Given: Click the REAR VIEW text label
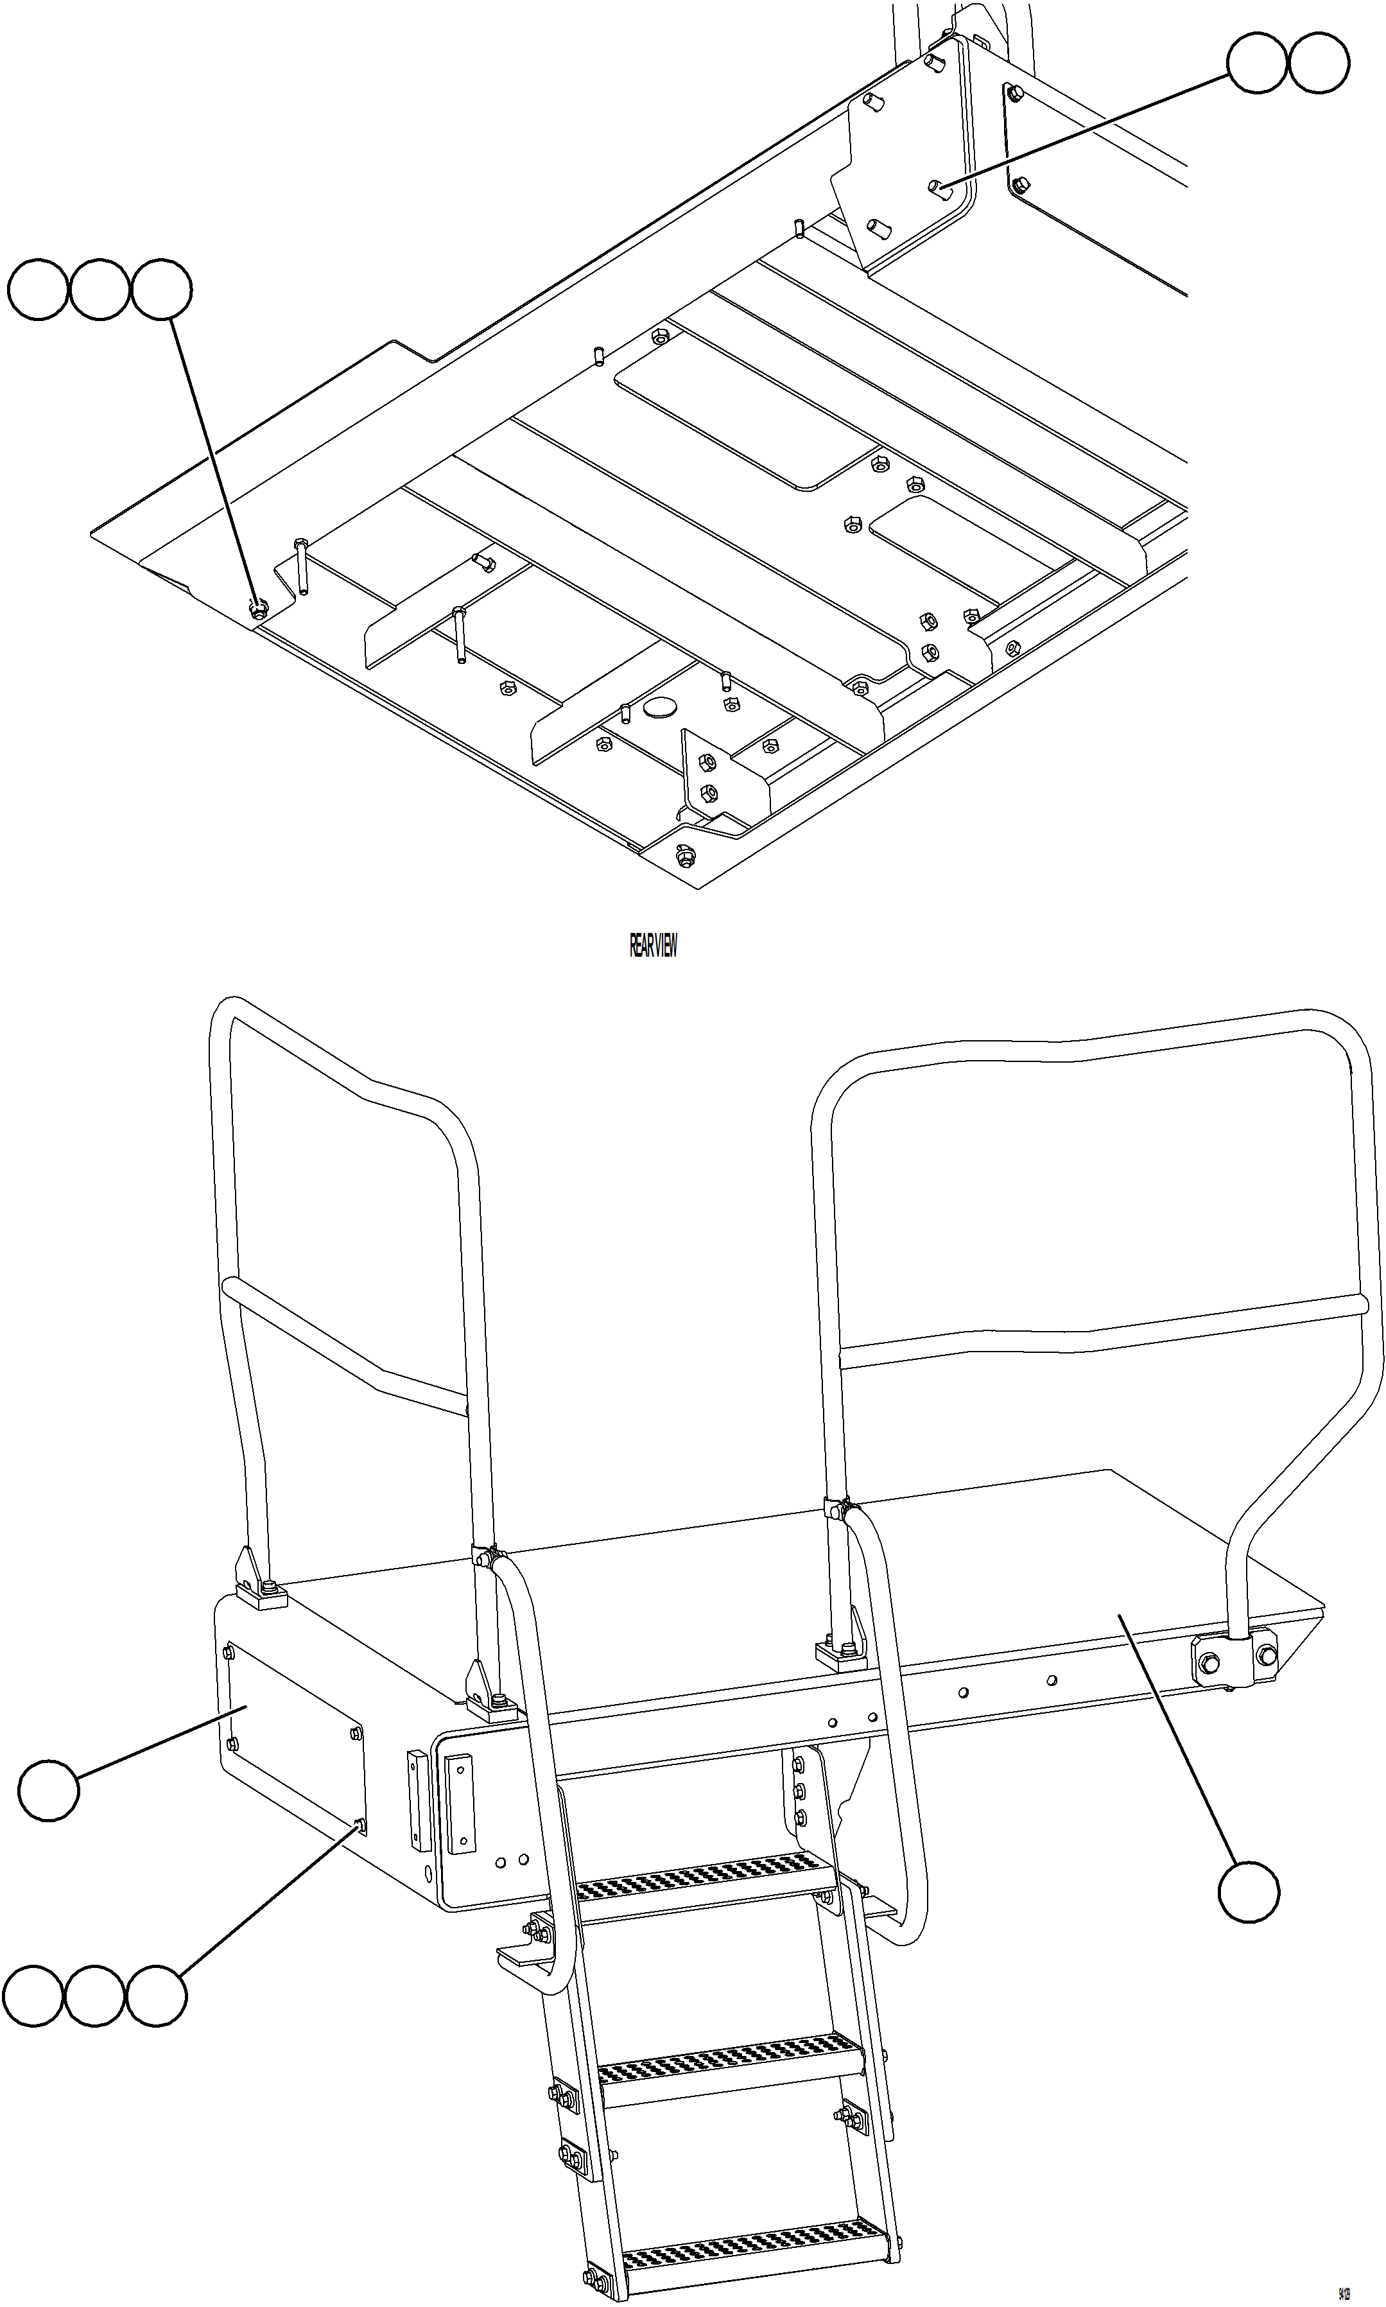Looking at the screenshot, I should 653,946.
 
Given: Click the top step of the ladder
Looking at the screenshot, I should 704,1879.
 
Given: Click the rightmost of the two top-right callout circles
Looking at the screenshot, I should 1318,62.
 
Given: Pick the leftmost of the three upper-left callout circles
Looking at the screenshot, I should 39,290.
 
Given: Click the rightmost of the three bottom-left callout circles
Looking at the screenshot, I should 157,1997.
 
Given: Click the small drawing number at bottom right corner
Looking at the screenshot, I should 1344,2286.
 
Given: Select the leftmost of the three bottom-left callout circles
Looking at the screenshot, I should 33,1997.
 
